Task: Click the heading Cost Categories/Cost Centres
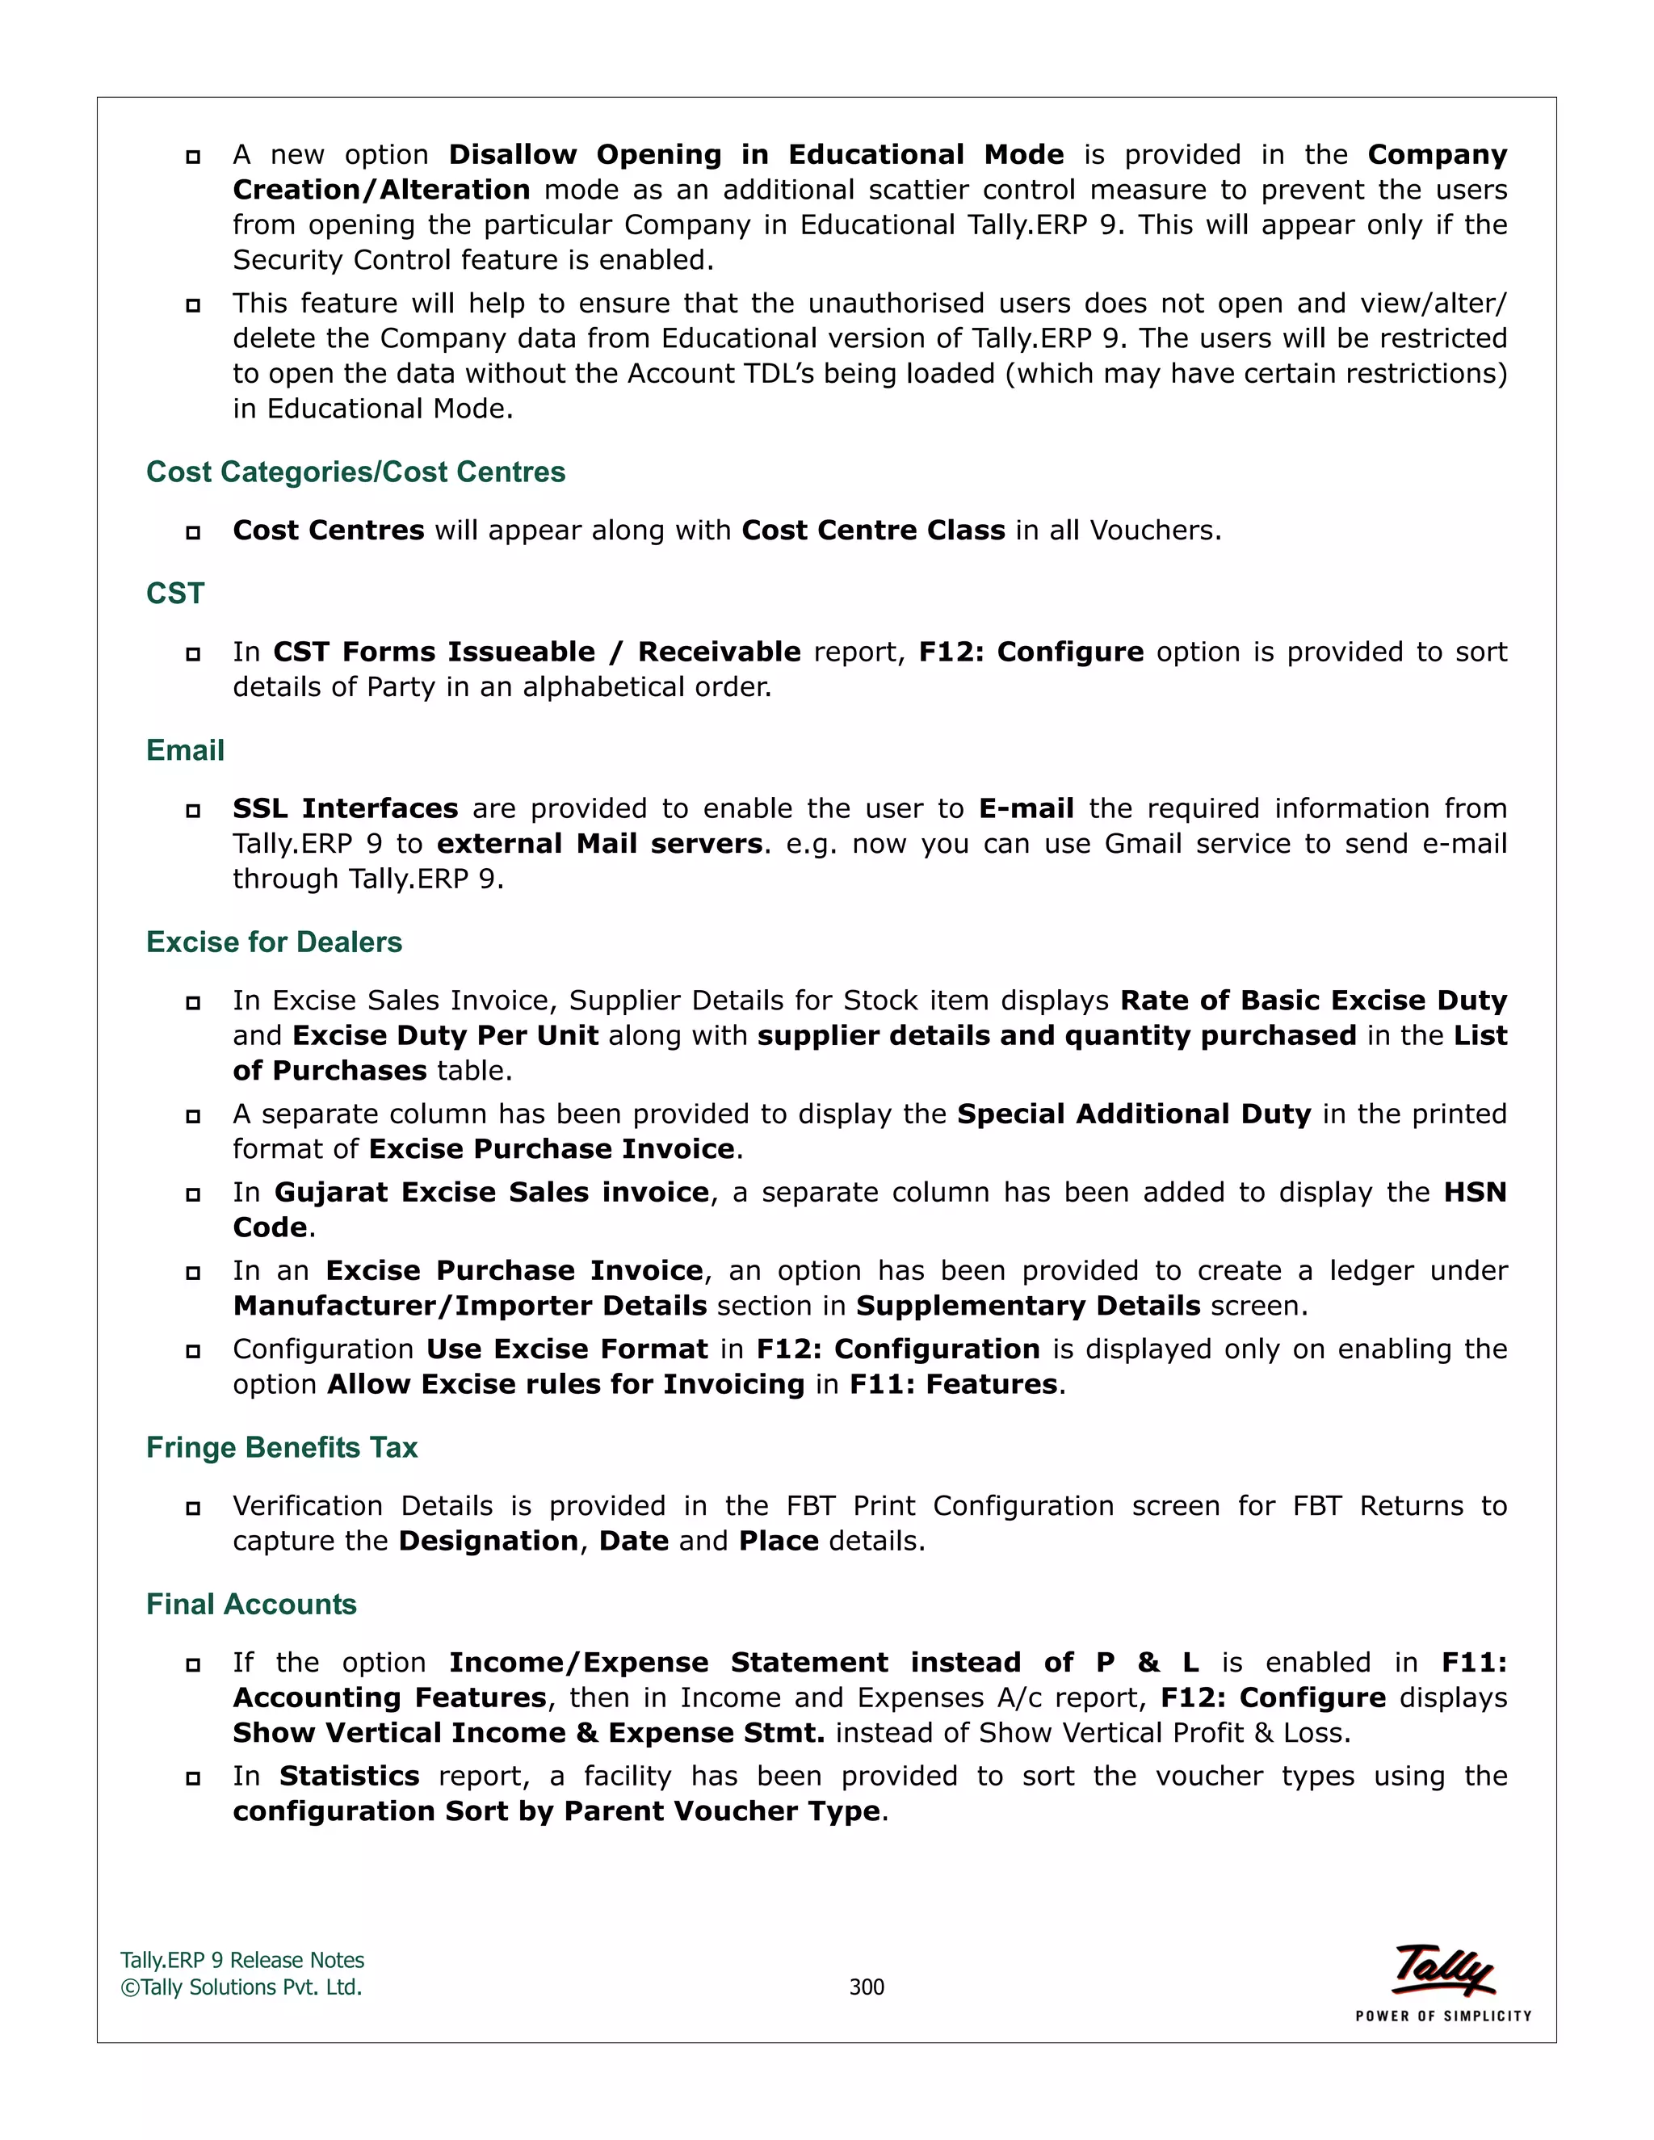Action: [355, 472]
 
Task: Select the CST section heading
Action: [175, 594]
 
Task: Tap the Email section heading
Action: [185, 750]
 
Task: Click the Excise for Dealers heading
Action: [275, 942]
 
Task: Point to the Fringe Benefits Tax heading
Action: [282, 1448]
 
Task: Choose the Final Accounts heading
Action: [252, 1605]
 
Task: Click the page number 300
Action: [867, 1987]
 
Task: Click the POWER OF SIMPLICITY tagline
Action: [1443, 2016]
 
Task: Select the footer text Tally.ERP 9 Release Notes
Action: [242, 1961]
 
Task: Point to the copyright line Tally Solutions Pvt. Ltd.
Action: [242, 1987]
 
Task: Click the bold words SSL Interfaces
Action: [345, 809]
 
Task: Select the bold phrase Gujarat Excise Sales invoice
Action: [491, 1193]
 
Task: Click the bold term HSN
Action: [1475, 1193]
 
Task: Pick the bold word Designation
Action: [488, 1542]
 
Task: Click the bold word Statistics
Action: [349, 1777]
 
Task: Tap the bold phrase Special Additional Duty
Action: [1134, 1114]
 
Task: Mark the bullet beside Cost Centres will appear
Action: [193, 532]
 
